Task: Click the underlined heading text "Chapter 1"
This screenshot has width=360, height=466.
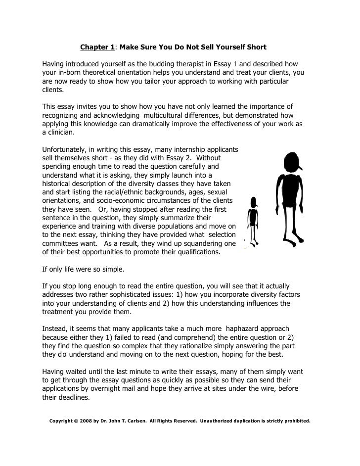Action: [x=97, y=47]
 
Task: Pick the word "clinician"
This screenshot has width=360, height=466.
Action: [x=58, y=133]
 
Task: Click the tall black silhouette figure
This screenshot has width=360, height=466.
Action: [x=290, y=198]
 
